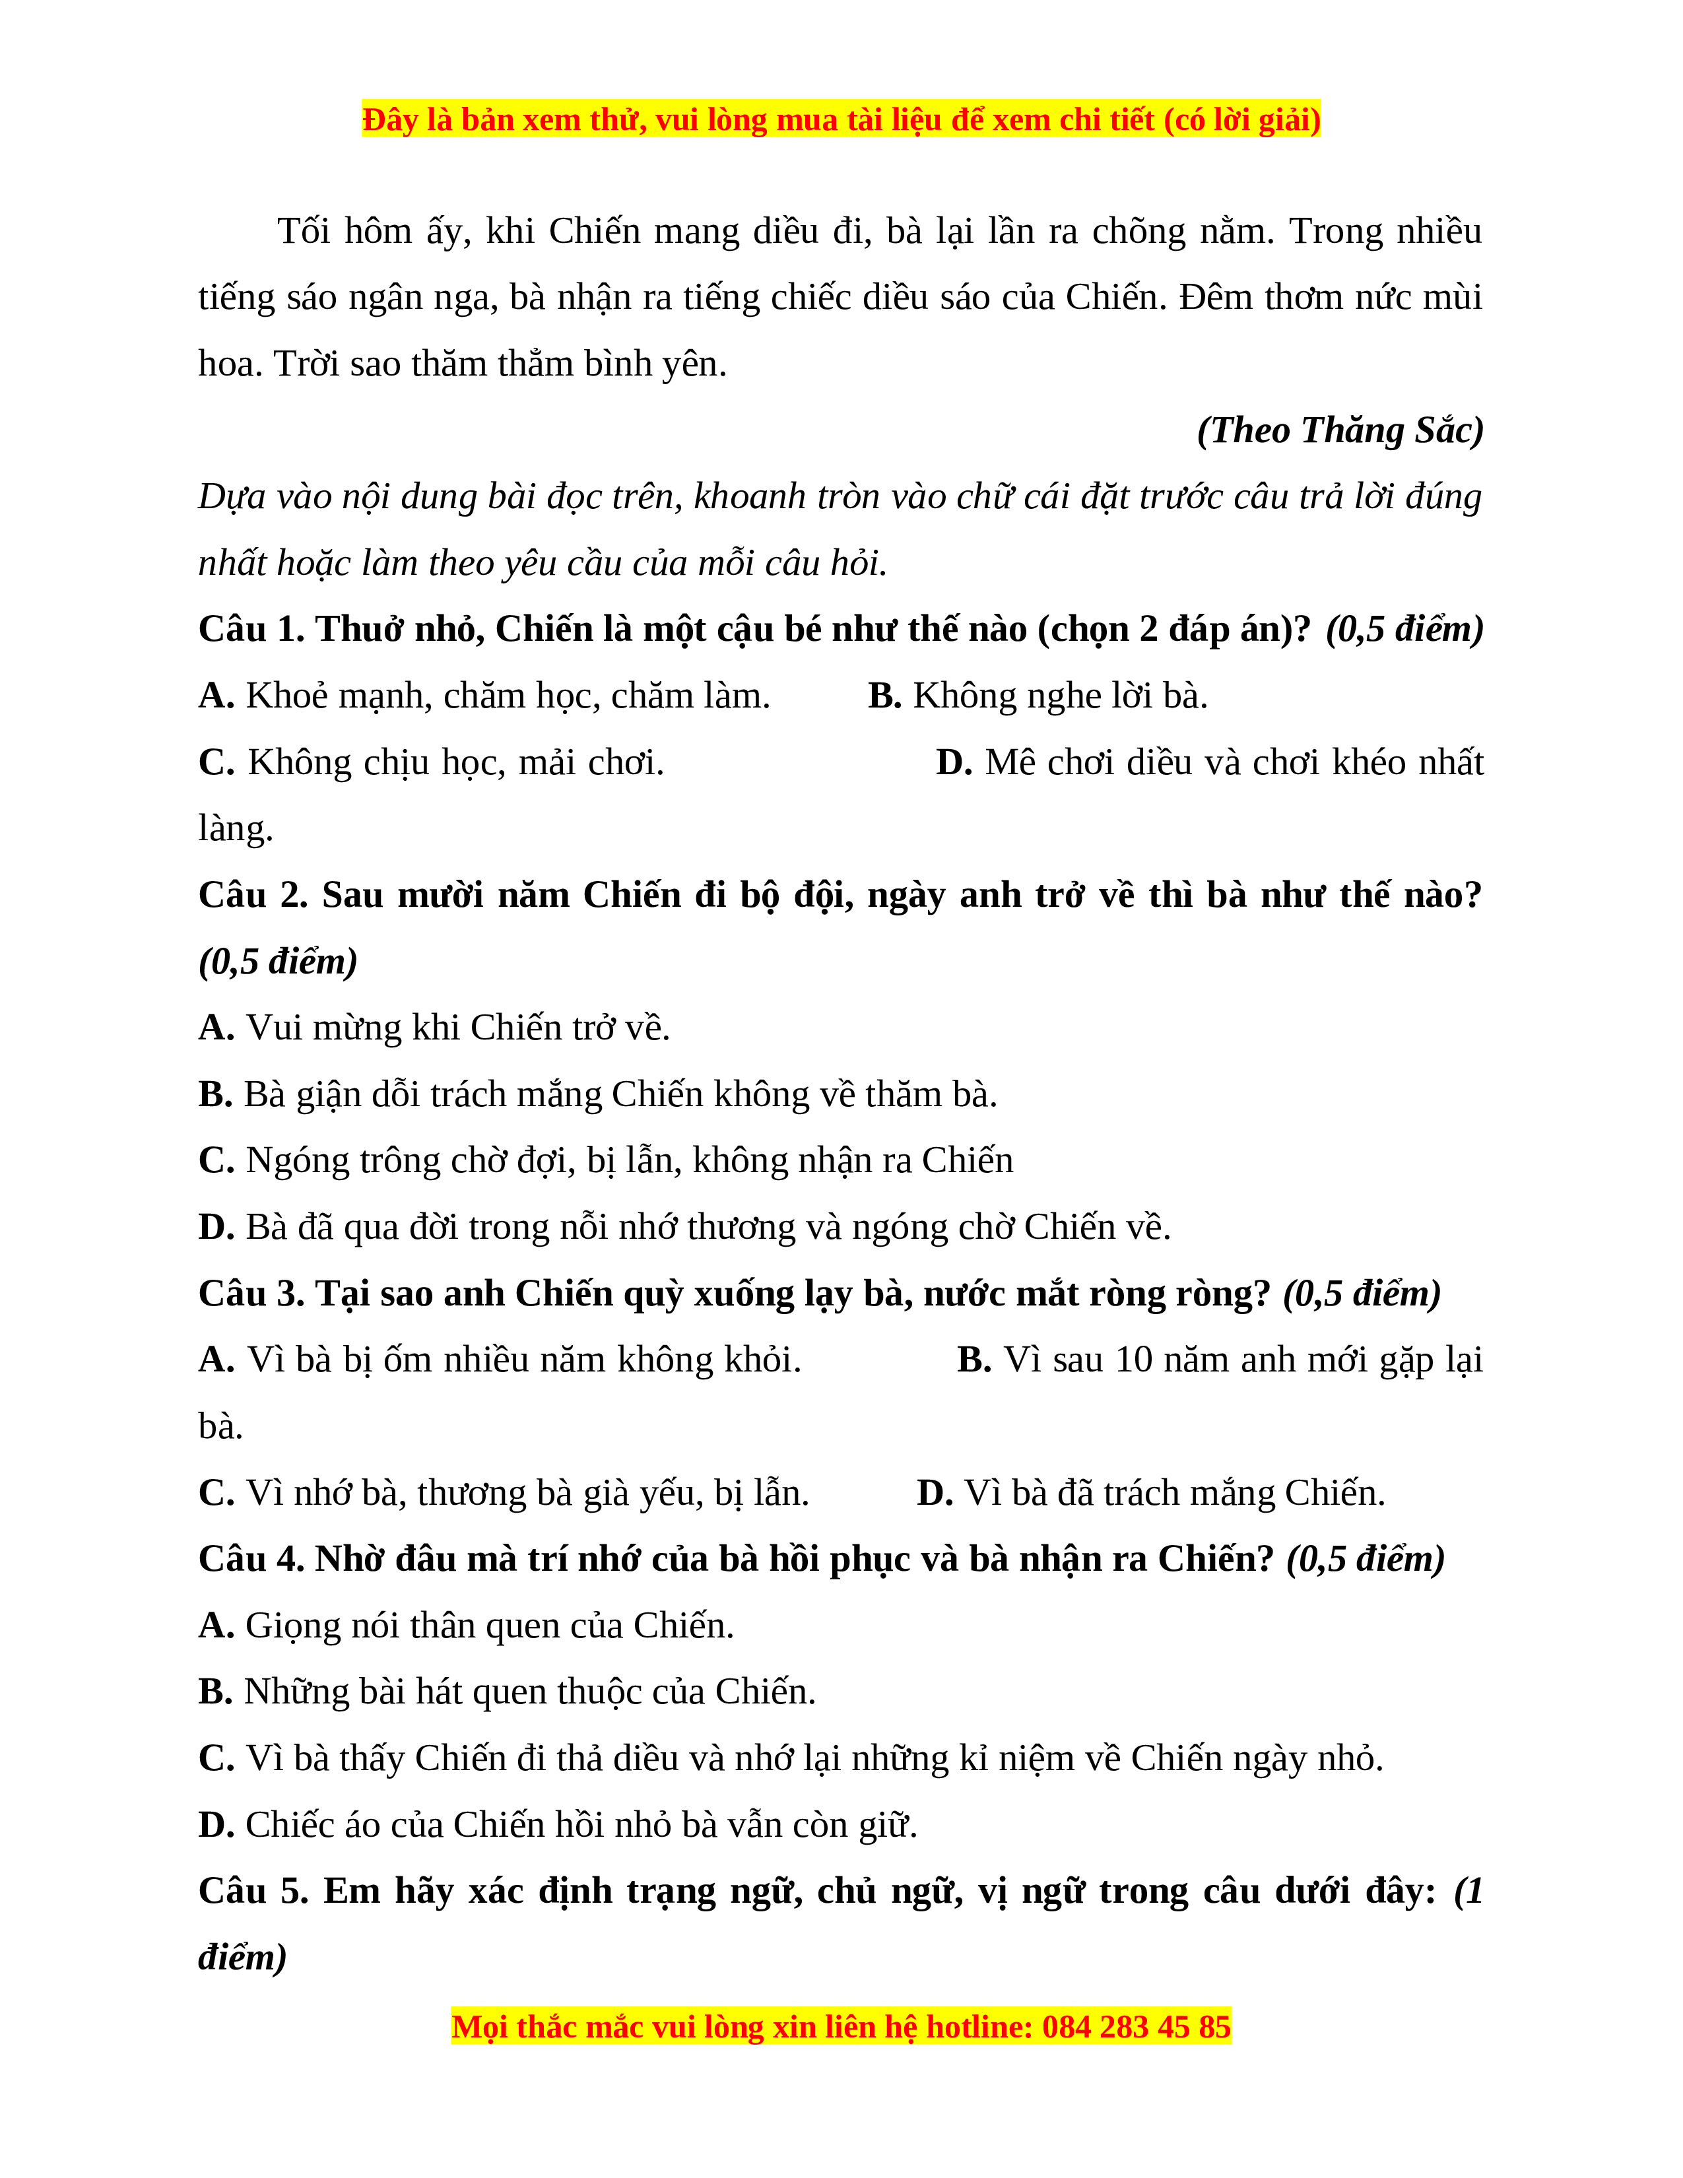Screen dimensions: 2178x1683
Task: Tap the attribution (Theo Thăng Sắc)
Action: (1340, 430)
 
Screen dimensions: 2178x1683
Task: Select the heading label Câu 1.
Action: (250, 629)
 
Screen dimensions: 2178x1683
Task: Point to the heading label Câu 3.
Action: (250, 1294)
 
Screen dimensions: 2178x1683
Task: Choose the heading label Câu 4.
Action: (250, 1559)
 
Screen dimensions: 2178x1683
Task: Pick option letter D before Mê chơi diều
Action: (952, 762)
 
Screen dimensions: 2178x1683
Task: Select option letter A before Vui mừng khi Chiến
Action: (215, 1027)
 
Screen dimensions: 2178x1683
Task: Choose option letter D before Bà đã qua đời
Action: (215, 1227)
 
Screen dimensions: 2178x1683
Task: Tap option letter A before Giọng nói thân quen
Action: (215, 1626)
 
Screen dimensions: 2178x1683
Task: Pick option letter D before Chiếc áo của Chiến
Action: (215, 1825)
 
